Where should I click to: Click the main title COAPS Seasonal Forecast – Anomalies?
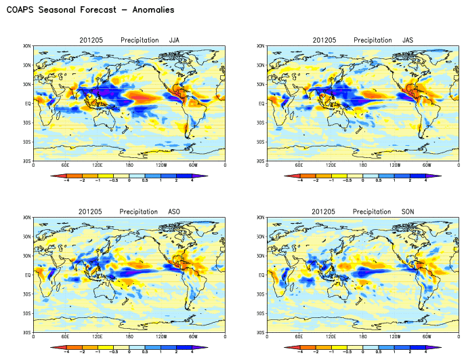click(90, 10)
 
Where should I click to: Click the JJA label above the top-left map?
click(174, 41)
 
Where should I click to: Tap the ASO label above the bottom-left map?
click(174, 212)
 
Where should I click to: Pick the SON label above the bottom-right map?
click(407, 212)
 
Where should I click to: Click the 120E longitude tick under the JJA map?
click(98, 165)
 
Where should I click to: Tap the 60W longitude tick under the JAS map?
click(426, 165)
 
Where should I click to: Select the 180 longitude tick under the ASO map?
click(129, 337)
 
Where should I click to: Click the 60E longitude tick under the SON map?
click(299, 337)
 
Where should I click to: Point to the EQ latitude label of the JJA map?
click(26, 104)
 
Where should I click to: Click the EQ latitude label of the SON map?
click(260, 275)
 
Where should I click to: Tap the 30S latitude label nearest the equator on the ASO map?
click(26, 294)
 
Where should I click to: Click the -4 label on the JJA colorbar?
click(65, 181)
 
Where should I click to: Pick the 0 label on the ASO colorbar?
click(129, 353)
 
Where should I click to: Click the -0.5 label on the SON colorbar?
click(347, 353)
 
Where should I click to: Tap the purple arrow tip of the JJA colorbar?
click(205, 176)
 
